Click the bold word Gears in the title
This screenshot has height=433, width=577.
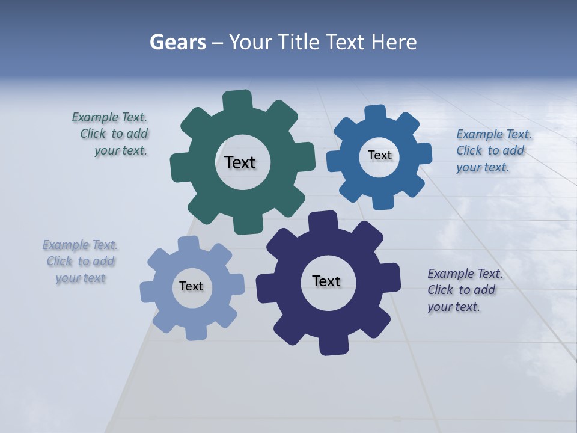177,42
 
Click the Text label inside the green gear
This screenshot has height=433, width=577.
240,162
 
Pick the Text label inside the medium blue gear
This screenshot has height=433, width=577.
379,155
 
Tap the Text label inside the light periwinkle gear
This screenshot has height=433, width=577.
191,286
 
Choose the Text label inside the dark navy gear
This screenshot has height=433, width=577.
326,281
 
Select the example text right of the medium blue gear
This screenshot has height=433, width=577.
493,150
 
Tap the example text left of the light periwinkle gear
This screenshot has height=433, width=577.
80,262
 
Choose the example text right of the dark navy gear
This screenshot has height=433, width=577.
464,290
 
